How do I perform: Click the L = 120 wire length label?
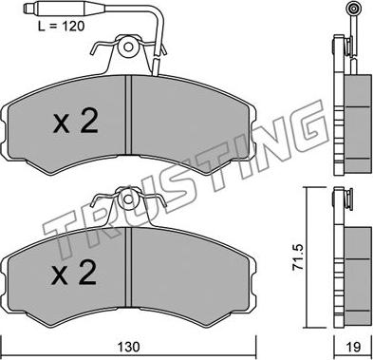(x=62, y=26)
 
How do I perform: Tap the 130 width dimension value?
(x=129, y=346)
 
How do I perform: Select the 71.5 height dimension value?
(x=298, y=256)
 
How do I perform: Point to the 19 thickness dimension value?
(x=353, y=347)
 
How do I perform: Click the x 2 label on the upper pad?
(x=76, y=122)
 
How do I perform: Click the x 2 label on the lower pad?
(x=74, y=273)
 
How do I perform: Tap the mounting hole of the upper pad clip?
(x=128, y=47)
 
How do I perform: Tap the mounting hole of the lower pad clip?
(x=128, y=199)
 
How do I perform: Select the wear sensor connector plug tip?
(x=28, y=8)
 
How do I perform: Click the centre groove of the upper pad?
(x=128, y=115)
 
